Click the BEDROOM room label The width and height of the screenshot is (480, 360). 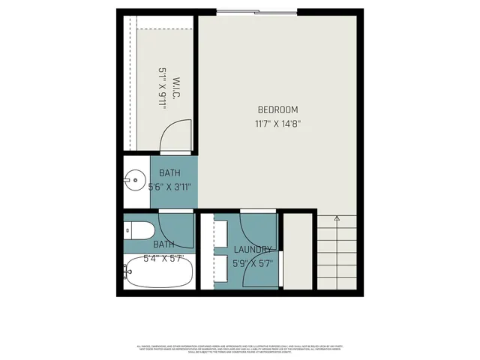click(277, 110)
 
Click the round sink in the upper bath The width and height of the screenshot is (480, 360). click(135, 181)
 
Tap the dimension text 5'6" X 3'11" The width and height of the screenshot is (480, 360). click(172, 187)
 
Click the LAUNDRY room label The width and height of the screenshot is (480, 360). click(252, 250)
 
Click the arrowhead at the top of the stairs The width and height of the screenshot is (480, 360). click(337, 218)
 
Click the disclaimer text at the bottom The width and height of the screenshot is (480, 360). click(240, 348)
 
